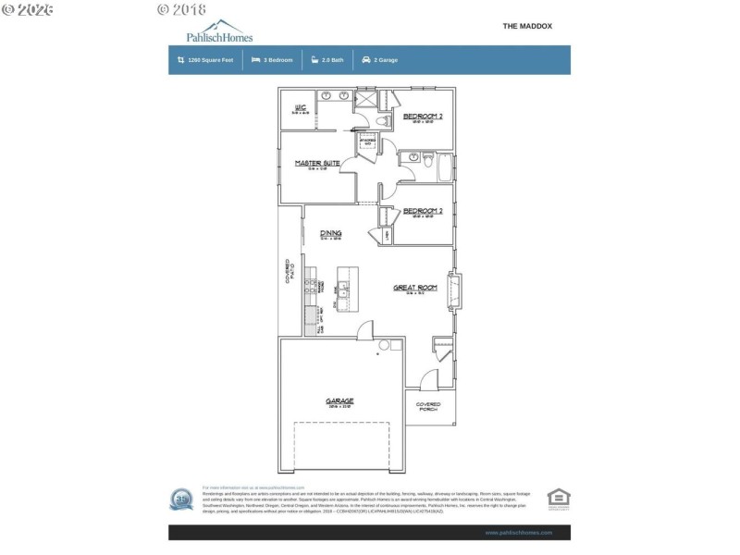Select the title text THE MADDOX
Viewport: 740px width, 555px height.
[527, 26]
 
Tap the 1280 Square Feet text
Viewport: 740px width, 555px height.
[210, 59]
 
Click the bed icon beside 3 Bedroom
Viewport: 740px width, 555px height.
[255, 59]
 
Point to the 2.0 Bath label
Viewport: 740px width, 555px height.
[333, 59]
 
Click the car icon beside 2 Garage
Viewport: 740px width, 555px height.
[366, 59]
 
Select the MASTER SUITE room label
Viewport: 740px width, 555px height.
[317, 164]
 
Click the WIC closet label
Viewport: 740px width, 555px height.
[300, 108]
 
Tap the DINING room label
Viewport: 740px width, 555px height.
[331, 233]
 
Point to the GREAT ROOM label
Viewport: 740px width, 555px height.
[414, 288]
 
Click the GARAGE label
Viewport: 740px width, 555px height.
[339, 401]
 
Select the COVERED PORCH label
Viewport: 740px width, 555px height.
[428, 406]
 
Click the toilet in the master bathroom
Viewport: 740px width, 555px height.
[385, 122]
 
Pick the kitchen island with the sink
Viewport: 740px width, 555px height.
[346, 290]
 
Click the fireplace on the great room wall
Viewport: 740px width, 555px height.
[453, 291]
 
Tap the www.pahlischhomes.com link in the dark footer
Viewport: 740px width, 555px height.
[518, 533]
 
